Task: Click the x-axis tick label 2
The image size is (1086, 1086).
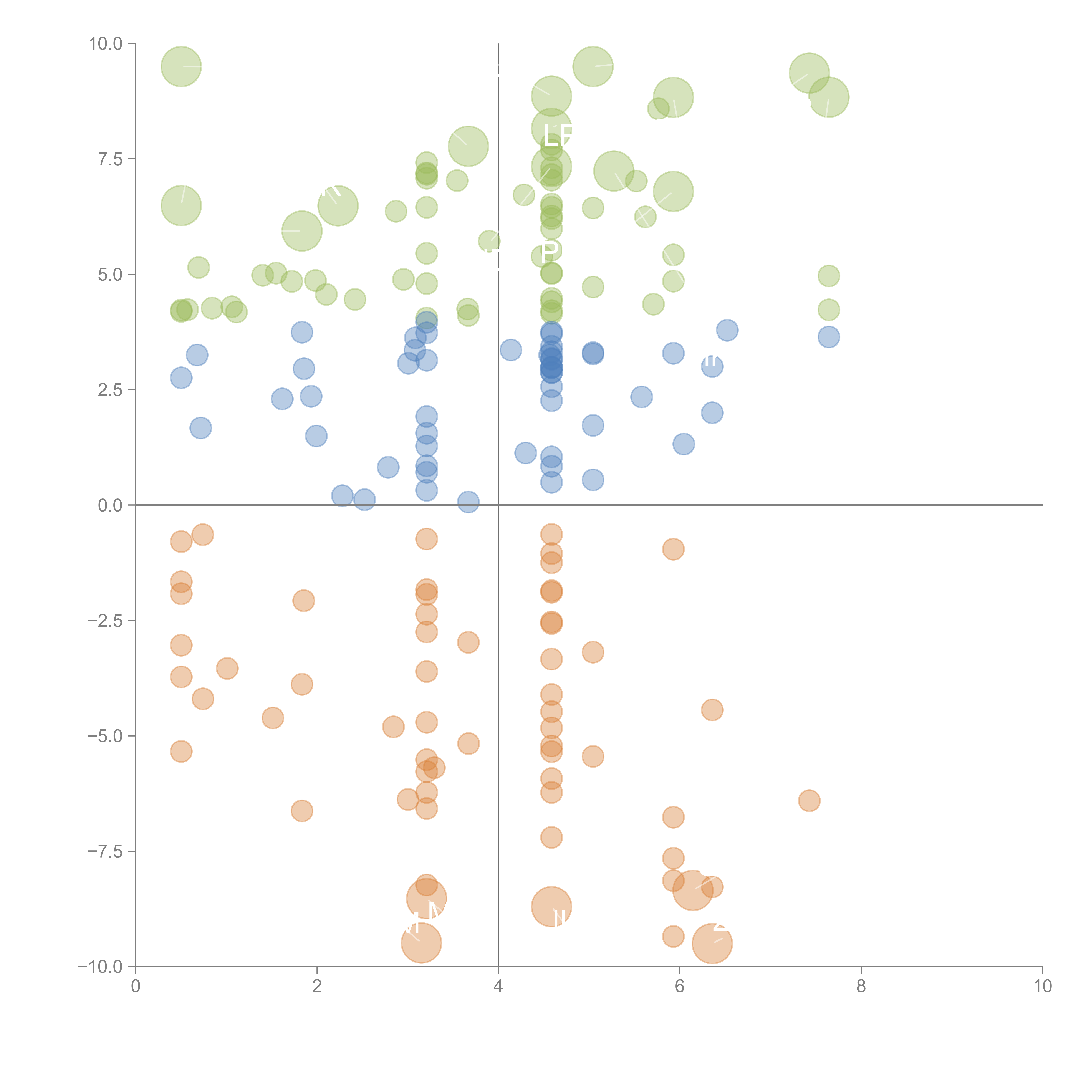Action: click(x=317, y=987)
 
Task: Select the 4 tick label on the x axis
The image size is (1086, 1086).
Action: click(x=498, y=987)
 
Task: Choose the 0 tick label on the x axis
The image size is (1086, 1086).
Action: click(x=136, y=987)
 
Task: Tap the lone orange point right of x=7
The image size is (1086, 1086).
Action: click(x=809, y=800)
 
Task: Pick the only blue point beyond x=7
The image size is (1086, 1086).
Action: click(x=829, y=337)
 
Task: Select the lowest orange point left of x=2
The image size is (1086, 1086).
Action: click(x=302, y=811)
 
